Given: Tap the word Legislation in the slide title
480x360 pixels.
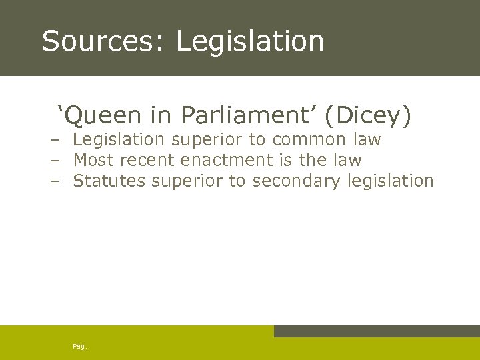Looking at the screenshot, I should (250, 41).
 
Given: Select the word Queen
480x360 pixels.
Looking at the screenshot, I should (103, 117).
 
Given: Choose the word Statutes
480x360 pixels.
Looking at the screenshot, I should (109, 181).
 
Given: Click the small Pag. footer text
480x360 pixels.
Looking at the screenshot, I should (79, 346).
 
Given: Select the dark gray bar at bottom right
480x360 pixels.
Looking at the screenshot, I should (377, 331).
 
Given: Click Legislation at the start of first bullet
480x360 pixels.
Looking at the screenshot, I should (119, 140).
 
